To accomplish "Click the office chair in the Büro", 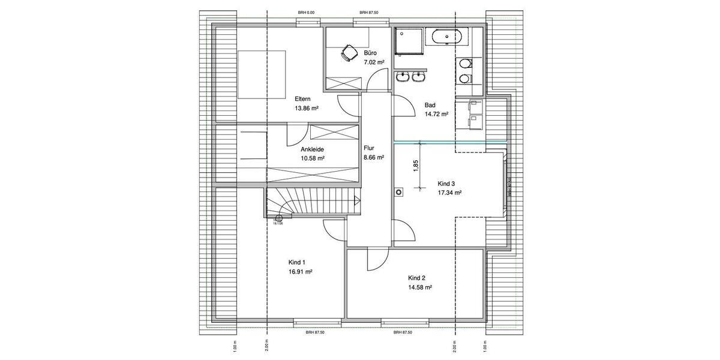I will (x=347, y=54).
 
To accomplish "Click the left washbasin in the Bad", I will (x=403, y=76).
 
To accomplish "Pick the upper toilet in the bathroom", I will (x=465, y=64).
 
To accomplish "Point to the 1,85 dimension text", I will (x=415, y=166).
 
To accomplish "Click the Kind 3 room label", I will (x=449, y=183).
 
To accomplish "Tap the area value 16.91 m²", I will (x=299, y=271).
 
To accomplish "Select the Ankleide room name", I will (x=312, y=149).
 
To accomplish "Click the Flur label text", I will (x=369, y=147).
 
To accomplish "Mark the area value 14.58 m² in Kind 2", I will (x=420, y=287).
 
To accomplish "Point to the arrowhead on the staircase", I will (x=357, y=201).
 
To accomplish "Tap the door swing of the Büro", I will (x=377, y=80).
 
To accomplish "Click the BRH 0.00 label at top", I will (x=306, y=13).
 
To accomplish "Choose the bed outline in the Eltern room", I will (x=262, y=74).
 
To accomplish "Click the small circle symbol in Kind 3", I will (x=398, y=193).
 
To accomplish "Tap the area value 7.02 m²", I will (x=374, y=62).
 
